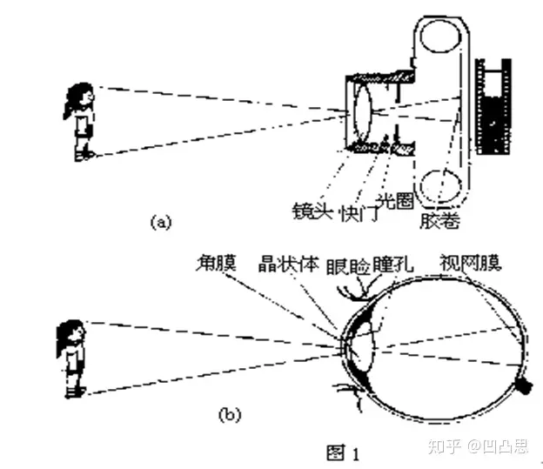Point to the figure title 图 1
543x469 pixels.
[x=342, y=452]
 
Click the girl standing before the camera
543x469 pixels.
[x=81, y=122]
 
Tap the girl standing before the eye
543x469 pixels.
[x=72, y=358]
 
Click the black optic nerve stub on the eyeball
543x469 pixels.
[x=525, y=384]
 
